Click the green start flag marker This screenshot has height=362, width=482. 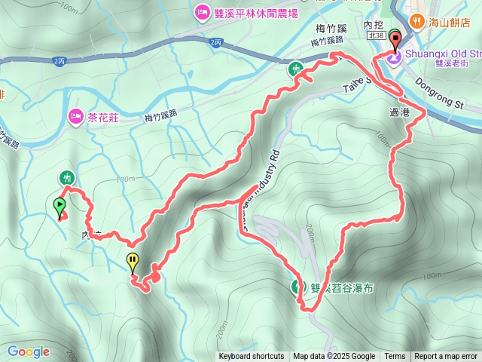59,206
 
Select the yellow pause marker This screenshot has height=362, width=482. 133,262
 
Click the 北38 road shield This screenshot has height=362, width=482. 376,35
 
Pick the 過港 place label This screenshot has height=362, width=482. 399,112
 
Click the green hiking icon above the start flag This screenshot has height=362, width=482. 67,178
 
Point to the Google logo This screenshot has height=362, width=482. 28,351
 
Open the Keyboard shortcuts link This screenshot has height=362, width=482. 252,357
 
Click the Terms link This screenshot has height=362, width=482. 395,357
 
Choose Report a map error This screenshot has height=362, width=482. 446,357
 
